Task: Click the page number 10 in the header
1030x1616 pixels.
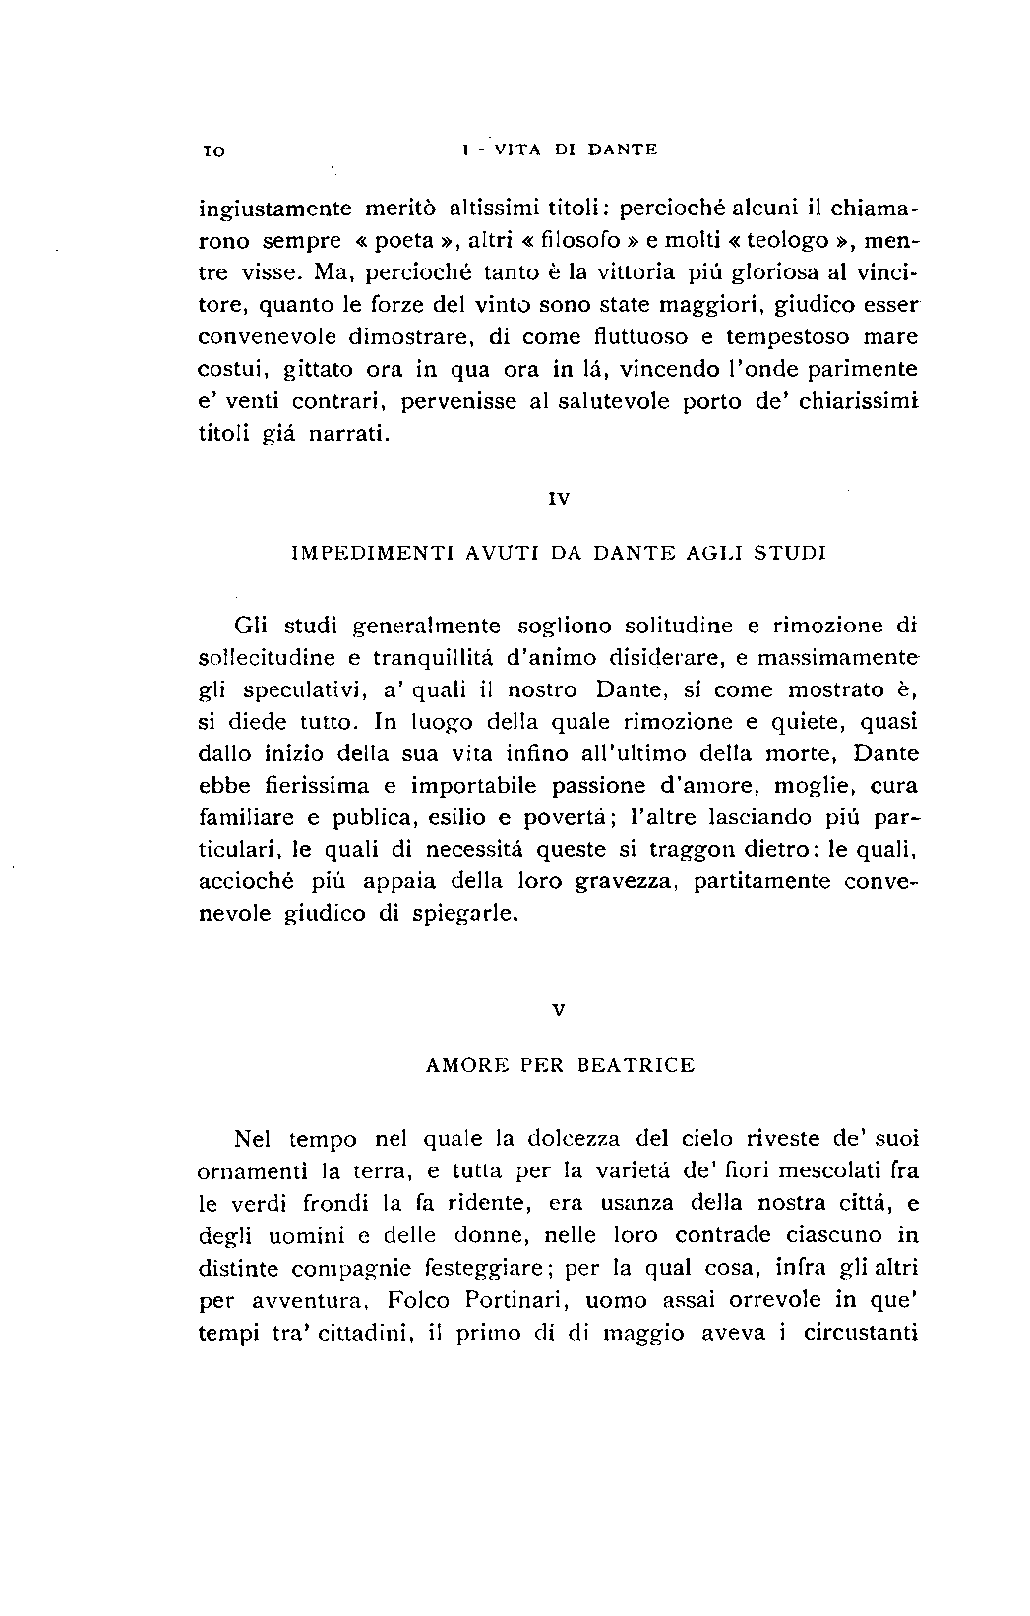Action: [213, 150]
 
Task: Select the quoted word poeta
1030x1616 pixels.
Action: [406, 241]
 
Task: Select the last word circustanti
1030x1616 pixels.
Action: [861, 1333]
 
